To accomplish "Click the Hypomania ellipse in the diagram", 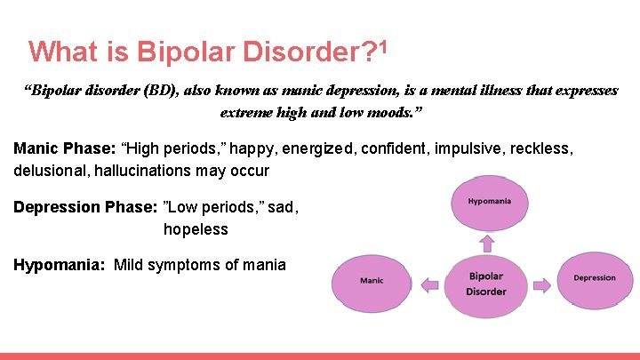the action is pos(490,202).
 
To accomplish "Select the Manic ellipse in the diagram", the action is pos(372,282).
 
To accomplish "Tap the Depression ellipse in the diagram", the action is pos(594,278).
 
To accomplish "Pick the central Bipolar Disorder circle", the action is pos(486,284).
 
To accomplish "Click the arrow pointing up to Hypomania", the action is pos(486,244).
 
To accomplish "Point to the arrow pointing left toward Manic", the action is pos(429,284).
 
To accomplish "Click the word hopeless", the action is pos(196,229).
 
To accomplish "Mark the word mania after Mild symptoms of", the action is pos(265,264).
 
